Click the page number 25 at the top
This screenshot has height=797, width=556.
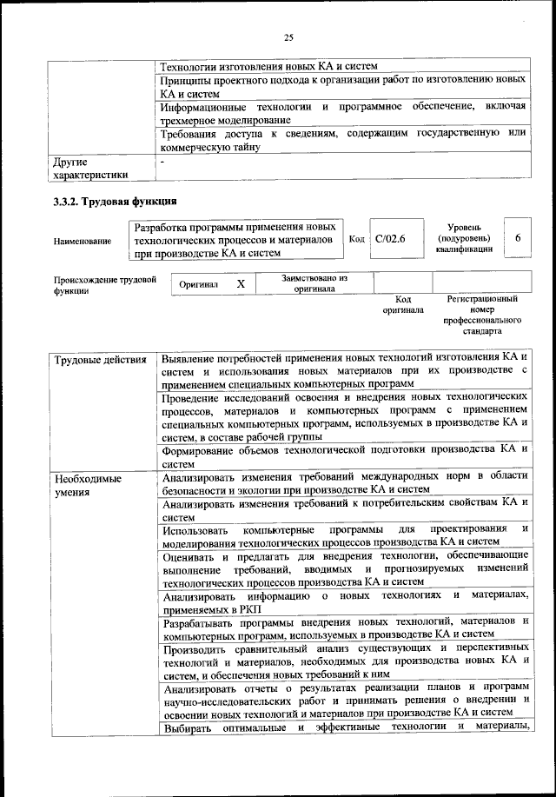click(x=288, y=37)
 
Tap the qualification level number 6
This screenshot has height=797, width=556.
click(x=518, y=238)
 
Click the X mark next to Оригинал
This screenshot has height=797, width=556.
click(x=242, y=284)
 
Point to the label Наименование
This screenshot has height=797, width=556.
click(x=83, y=241)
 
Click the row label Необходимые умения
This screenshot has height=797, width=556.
click(x=87, y=485)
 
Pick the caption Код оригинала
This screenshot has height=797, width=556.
click(x=402, y=304)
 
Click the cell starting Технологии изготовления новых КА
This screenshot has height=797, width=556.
click(x=270, y=65)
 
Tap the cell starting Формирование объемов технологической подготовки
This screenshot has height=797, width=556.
click(x=344, y=455)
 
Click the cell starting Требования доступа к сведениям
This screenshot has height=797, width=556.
click(x=344, y=139)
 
